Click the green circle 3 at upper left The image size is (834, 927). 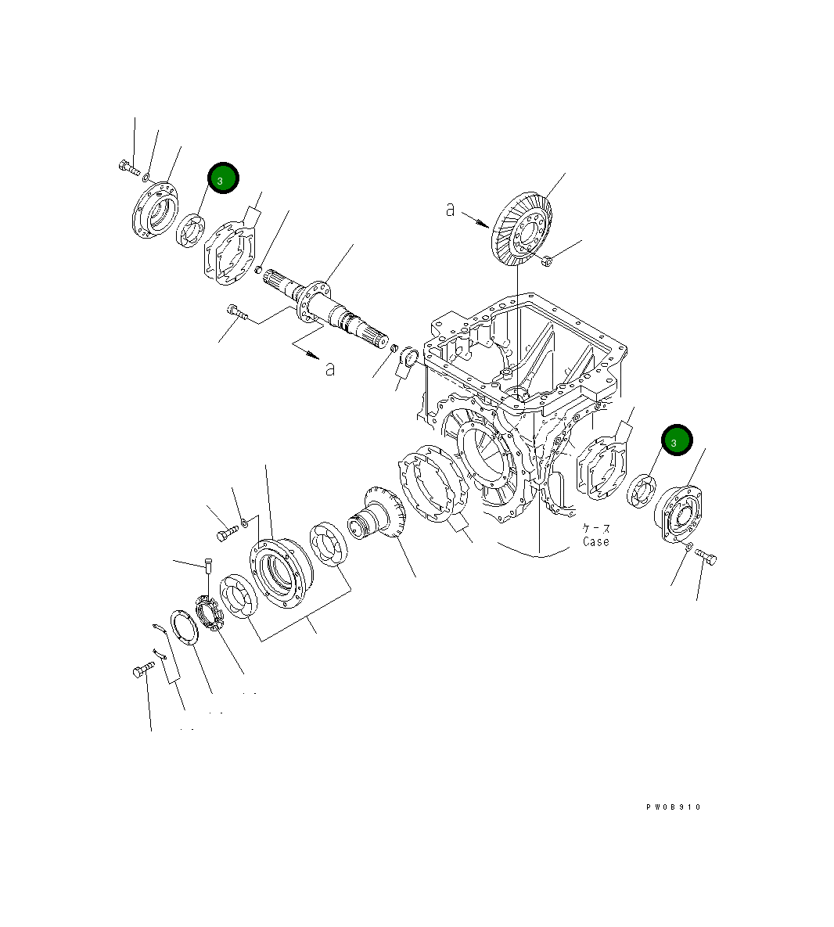(x=223, y=178)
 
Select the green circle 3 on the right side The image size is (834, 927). (x=676, y=440)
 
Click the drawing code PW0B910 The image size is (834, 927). (x=674, y=807)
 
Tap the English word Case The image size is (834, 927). (x=595, y=541)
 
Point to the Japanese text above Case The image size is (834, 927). (x=595, y=528)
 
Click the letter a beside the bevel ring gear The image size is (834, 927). (x=450, y=209)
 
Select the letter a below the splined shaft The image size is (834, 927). (x=330, y=368)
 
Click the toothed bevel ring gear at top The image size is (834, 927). (x=522, y=228)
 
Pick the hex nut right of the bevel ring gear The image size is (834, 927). (x=548, y=261)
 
